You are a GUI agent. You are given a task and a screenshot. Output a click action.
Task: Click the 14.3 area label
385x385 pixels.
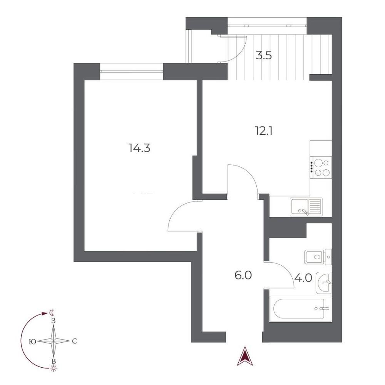pos(139,148)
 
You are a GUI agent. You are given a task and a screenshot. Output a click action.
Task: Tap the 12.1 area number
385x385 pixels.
pos(264,131)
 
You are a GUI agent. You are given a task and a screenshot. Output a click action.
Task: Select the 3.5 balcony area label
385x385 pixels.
pos(264,55)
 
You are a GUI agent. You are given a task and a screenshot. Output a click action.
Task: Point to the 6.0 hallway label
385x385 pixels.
pos(243,276)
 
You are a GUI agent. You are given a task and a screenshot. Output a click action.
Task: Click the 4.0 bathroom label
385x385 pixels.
pos(303,278)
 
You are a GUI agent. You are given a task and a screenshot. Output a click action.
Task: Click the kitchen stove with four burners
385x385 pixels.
pos(321,168)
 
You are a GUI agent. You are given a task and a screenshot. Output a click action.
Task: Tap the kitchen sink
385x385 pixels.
pos(306,207)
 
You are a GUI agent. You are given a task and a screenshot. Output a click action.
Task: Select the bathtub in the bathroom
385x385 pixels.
pos(300,308)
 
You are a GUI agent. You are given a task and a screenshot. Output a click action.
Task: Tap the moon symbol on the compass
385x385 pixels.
pos(52,313)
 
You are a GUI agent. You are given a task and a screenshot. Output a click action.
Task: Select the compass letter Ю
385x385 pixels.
pos(32,341)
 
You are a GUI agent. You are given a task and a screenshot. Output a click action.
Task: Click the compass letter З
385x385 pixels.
pos(53,321)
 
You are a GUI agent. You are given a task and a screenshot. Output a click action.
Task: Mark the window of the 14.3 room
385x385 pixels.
pos(132,71)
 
